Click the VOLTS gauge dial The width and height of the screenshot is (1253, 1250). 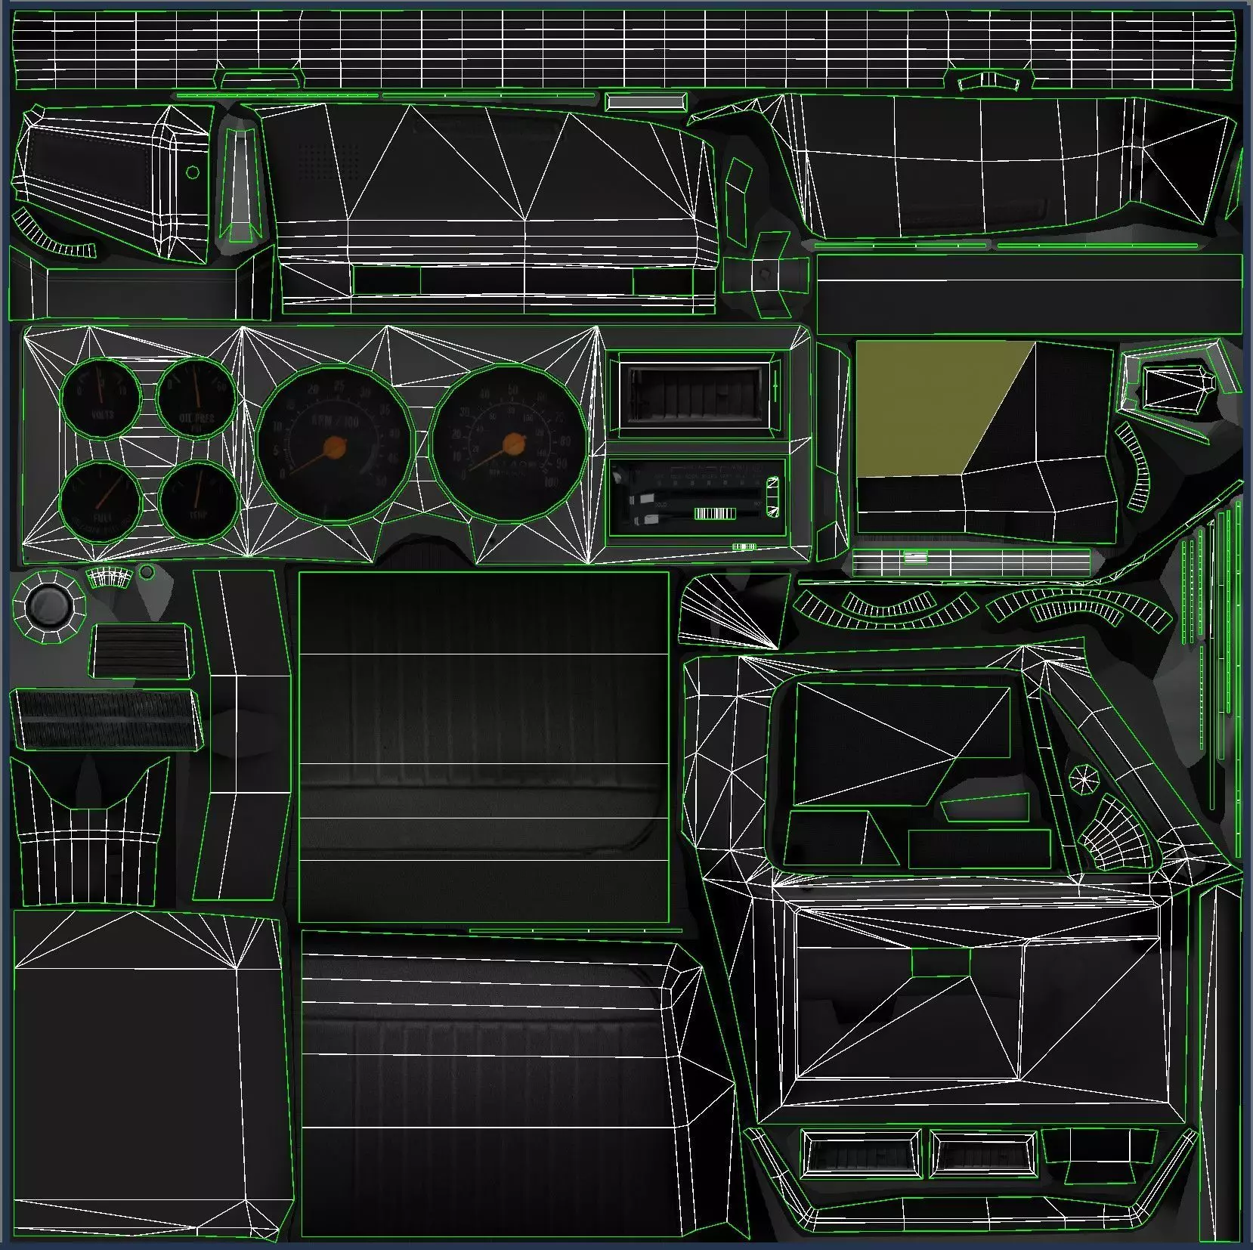click(x=101, y=398)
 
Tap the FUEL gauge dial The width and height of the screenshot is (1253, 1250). click(x=101, y=500)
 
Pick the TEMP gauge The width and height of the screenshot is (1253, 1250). click(x=197, y=500)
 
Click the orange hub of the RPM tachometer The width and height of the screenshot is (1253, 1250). click(x=333, y=447)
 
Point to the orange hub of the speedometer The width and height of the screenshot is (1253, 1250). click(x=514, y=442)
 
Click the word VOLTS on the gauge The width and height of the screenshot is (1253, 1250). click(x=103, y=415)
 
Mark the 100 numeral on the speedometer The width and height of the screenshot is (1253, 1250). click(x=551, y=481)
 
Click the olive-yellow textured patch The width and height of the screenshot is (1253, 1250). click(x=937, y=408)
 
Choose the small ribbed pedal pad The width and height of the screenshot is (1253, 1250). click(x=140, y=651)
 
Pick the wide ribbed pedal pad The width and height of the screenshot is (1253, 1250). click(x=106, y=719)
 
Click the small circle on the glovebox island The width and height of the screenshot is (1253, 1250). click(x=193, y=172)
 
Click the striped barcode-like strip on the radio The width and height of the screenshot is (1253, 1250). click(x=714, y=515)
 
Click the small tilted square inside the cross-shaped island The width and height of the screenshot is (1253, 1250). click(x=766, y=272)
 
